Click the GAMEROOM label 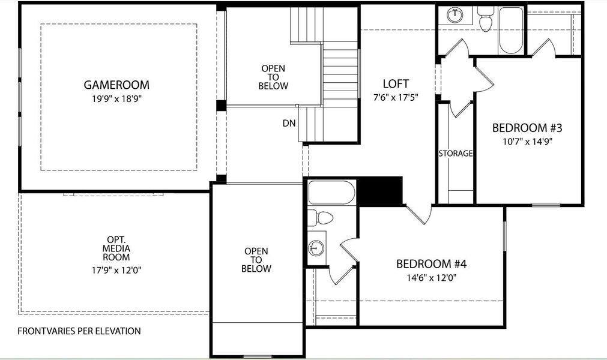[x=116, y=85]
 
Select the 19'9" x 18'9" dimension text [x=116, y=98]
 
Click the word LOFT [x=396, y=83]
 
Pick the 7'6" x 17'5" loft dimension [x=396, y=96]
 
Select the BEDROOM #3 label [x=527, y=128]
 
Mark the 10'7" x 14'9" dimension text [x=527, y=142]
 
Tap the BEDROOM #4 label [x=431, y=264]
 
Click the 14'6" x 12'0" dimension [x=431, y=278]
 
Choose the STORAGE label [x=455, y=154]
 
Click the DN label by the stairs [x=289, y=124]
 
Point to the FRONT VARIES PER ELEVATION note [x=79, y=331]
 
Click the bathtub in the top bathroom [x=512, y=30]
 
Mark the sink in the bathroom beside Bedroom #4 [x=316, y=247]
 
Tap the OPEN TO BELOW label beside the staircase [x=273, y=77]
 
